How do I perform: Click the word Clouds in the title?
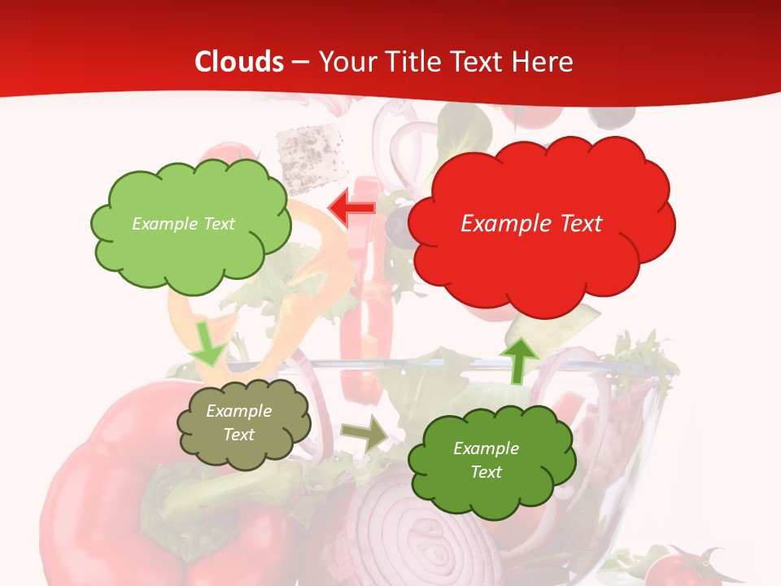(x=239, y=62)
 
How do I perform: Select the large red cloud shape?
(x=541, y=244)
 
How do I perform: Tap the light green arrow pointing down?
(x=208, y=343)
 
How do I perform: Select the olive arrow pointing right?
(x=364, y=435)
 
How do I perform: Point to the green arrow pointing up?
(x=518, y=360)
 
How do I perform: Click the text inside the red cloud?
(x=531, y=224)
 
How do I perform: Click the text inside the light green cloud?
(x=183, y=224)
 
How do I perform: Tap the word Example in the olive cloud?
(x=239, y=411)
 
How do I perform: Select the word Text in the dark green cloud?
(x=486, y=472)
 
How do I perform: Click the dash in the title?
(x=300, y=63)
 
